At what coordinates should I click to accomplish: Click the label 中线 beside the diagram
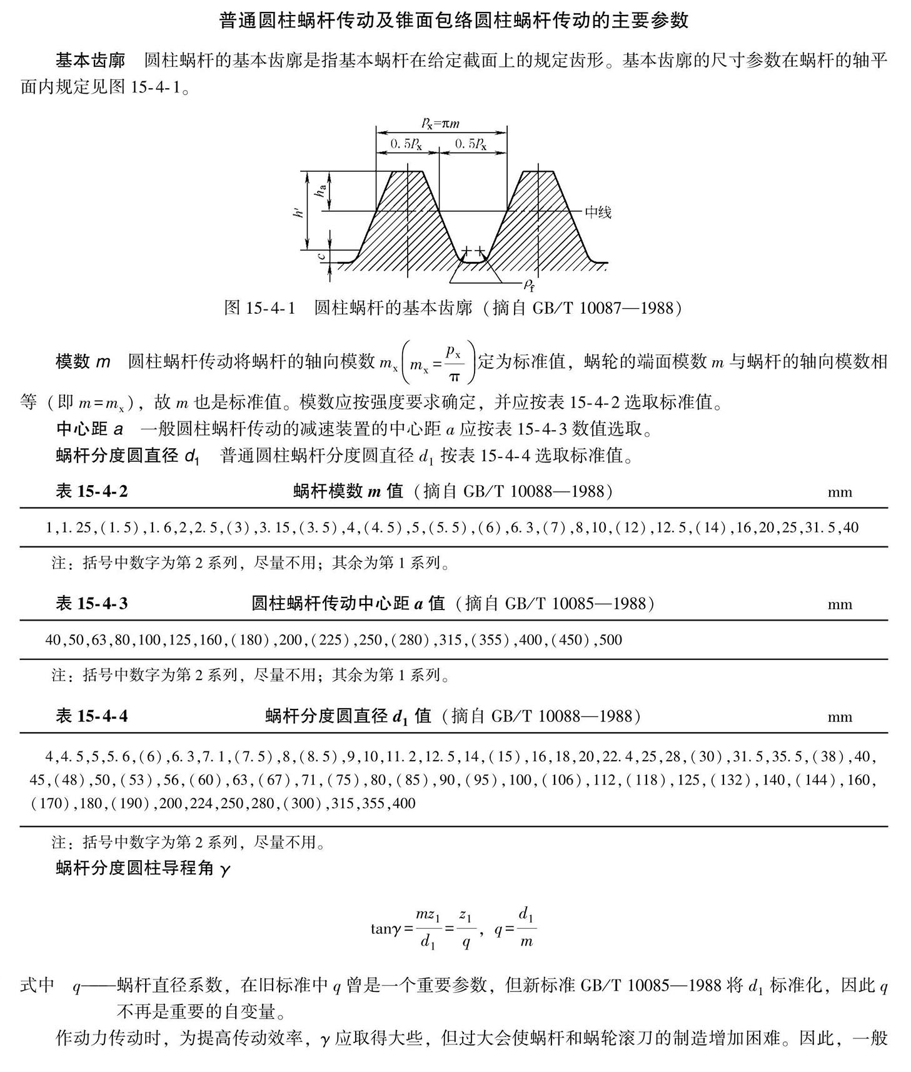coord(598,212)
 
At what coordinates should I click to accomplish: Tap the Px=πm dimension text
coord(440,123)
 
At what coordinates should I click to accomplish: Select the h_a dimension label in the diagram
coord(321,190)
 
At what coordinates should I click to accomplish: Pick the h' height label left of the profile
coord(299,211)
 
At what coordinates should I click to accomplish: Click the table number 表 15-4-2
coord(91,491)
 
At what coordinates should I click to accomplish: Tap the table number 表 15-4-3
coord(91,603)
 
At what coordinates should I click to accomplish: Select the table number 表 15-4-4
coord(91,716)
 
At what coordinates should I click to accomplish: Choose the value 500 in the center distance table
coord(611,640)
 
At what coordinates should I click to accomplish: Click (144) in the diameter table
coord(815,779)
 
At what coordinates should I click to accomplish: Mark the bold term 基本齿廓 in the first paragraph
coord(91,61)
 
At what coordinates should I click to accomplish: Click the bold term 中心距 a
coord(90,429)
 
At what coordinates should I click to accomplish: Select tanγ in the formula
coord(385,929)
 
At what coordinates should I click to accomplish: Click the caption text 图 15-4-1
coord(259,308)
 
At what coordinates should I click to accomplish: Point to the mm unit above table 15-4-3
coord(840,604)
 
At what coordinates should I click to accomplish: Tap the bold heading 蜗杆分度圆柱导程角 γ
coord(143,868)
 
